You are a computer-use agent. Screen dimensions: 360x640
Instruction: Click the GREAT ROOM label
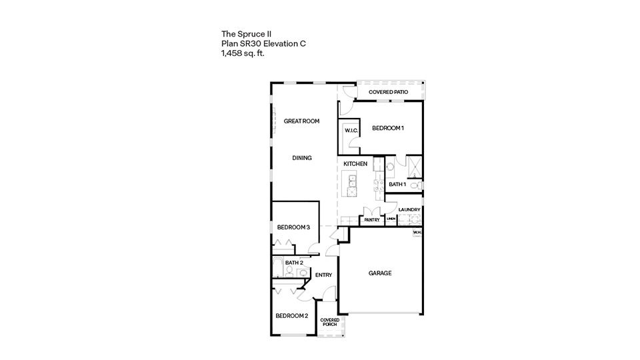[301, 121]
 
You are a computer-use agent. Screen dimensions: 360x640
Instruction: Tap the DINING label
[301, 158]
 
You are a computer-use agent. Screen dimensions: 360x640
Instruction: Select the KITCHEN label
[355, 164]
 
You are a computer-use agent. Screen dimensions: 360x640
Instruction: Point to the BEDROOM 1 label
[388, 128]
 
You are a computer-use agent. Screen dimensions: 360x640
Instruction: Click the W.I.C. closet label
[351, 130]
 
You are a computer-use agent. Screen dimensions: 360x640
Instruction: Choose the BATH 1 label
[397, 184]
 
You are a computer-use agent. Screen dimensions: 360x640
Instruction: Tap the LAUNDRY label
[409, 210]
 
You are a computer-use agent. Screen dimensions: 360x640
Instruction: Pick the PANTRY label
[372, 219]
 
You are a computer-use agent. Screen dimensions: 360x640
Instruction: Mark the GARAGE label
[379, 273]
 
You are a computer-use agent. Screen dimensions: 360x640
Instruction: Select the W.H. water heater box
[417, 233]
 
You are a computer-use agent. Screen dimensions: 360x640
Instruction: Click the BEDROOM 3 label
[293, 227]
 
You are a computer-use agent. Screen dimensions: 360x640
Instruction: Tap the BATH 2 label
[294, 263]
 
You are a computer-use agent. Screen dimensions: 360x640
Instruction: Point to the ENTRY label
[323, 275]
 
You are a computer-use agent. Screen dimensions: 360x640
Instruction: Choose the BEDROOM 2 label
[291, 315]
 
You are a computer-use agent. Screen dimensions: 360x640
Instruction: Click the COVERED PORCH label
[329, 322]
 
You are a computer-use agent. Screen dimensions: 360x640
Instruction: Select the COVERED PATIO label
[389, 91]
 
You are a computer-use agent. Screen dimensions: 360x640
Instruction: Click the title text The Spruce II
[246, 33]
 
